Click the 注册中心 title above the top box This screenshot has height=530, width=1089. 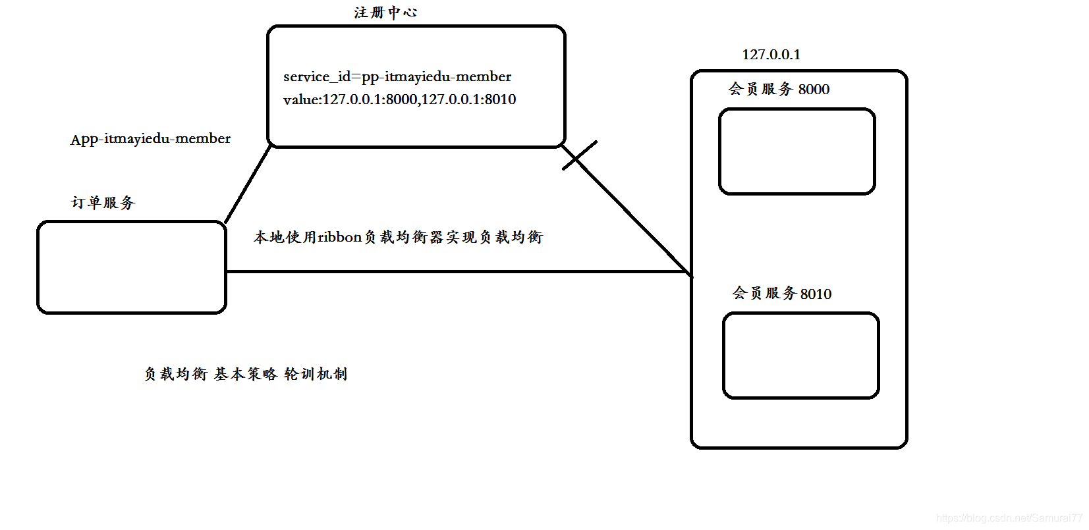[x=385, y=13]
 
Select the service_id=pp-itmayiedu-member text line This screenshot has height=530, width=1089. [x=397, y=76]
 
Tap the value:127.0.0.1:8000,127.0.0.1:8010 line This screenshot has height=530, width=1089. [x=399, y=99]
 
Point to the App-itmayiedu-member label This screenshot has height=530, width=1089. [x=150, y=139]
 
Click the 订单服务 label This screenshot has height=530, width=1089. [x=103, y=202]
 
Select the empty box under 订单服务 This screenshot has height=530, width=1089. [x=132, y=267]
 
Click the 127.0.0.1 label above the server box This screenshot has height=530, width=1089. [x=771, y=55]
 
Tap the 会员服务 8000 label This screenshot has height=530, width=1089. [x=779, y=89]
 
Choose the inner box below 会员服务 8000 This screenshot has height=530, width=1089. [x=796, y=151]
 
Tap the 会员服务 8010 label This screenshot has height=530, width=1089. [x=782, y=293]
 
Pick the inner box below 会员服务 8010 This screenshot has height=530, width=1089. [x=800, y=356]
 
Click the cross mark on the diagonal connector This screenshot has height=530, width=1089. [x=579, y=155]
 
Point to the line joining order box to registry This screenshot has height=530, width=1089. [x=248, y=184]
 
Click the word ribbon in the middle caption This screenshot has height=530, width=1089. [x=340, y=237]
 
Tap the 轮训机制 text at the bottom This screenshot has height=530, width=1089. [x=316, y=374]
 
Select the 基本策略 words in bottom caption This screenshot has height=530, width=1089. [x=245, y=374]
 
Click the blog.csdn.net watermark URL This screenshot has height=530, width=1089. [x=1009, y=518]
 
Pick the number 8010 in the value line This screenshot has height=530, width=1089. [x=500, y=99]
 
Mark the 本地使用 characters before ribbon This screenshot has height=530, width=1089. [x=285, y=237]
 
